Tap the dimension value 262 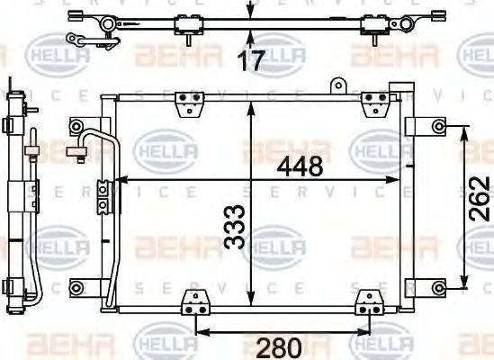click(481, 204)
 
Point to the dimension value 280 click(278, 346)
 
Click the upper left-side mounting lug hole click(75, 125)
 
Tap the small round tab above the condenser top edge click(339, 85)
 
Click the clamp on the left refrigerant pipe click(103, 192)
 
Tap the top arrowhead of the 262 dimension click(464, 131)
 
